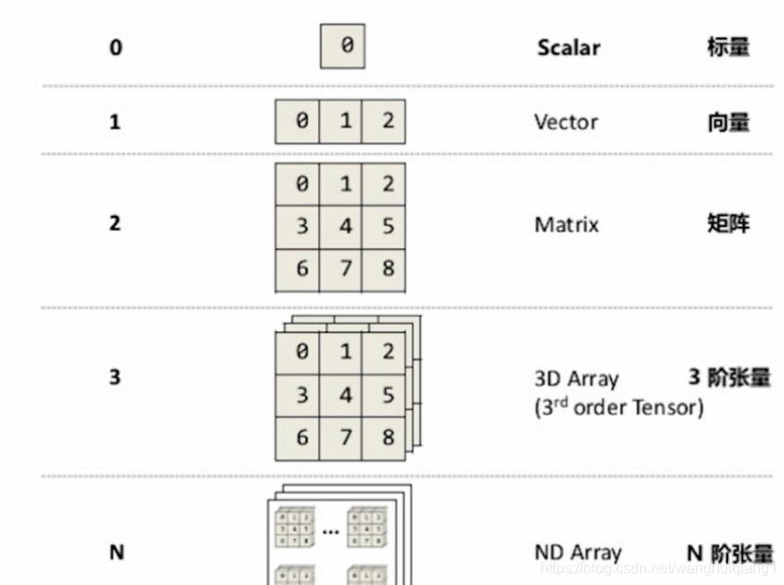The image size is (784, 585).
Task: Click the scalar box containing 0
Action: coord(342,46)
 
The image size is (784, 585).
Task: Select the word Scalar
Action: coord(569,47)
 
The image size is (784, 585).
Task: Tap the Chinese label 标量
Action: coord(727,47)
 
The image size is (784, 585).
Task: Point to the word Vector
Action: coord(565,122)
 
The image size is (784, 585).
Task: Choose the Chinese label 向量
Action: coord(727,122)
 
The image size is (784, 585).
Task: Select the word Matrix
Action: coord(565,224)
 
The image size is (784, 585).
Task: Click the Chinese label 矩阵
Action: coord(727,223)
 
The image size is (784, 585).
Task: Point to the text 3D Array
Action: coord(577,379)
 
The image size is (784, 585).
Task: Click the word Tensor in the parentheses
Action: coord(665,407)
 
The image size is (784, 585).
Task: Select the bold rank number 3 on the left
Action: coord(115,378)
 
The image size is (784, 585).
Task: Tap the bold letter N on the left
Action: coord(116,552)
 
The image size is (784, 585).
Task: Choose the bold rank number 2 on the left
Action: coord(115,223)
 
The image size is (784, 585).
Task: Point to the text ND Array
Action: coord(578,552)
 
